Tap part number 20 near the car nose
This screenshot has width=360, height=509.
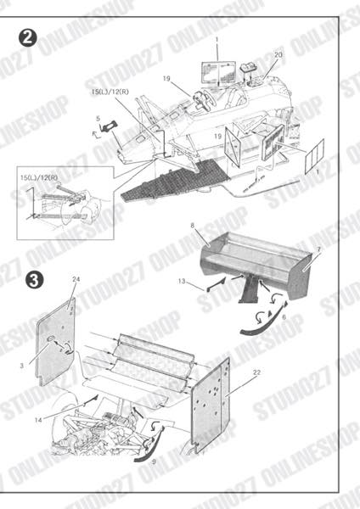coord(278,54)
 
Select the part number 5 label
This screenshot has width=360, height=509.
coord(98,119)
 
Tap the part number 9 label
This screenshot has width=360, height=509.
coord(154,461)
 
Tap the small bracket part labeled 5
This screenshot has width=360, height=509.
coord(108,128)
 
